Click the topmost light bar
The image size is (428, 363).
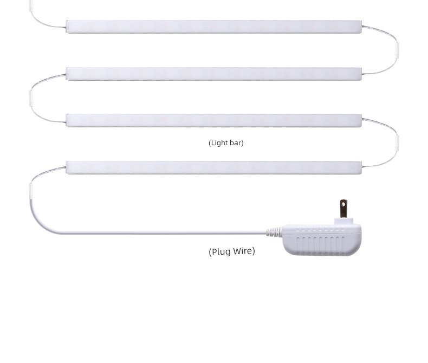[x=214, y=27]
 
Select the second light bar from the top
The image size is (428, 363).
[x=214, y=74]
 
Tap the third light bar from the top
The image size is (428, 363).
[x=214, y=121]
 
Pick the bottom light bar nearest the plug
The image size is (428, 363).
[x=214, y=167]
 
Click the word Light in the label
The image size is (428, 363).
[x=220, y=142]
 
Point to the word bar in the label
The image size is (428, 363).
[x=236, y=142]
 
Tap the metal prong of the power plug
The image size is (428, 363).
[x=343, y=209]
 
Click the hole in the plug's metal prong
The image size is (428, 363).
[x=343, y=203]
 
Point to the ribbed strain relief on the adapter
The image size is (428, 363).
[x=274, y=232]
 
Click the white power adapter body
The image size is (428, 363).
[x=322, y=239]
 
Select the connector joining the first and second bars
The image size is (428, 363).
[x=397, y=50]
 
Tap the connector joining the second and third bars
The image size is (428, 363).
[x=30, y=98]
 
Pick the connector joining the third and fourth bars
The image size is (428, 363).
[x=397, y=142]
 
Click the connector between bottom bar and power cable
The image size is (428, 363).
[x=30, y=191]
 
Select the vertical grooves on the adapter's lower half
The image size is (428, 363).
[x=320, y=244]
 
